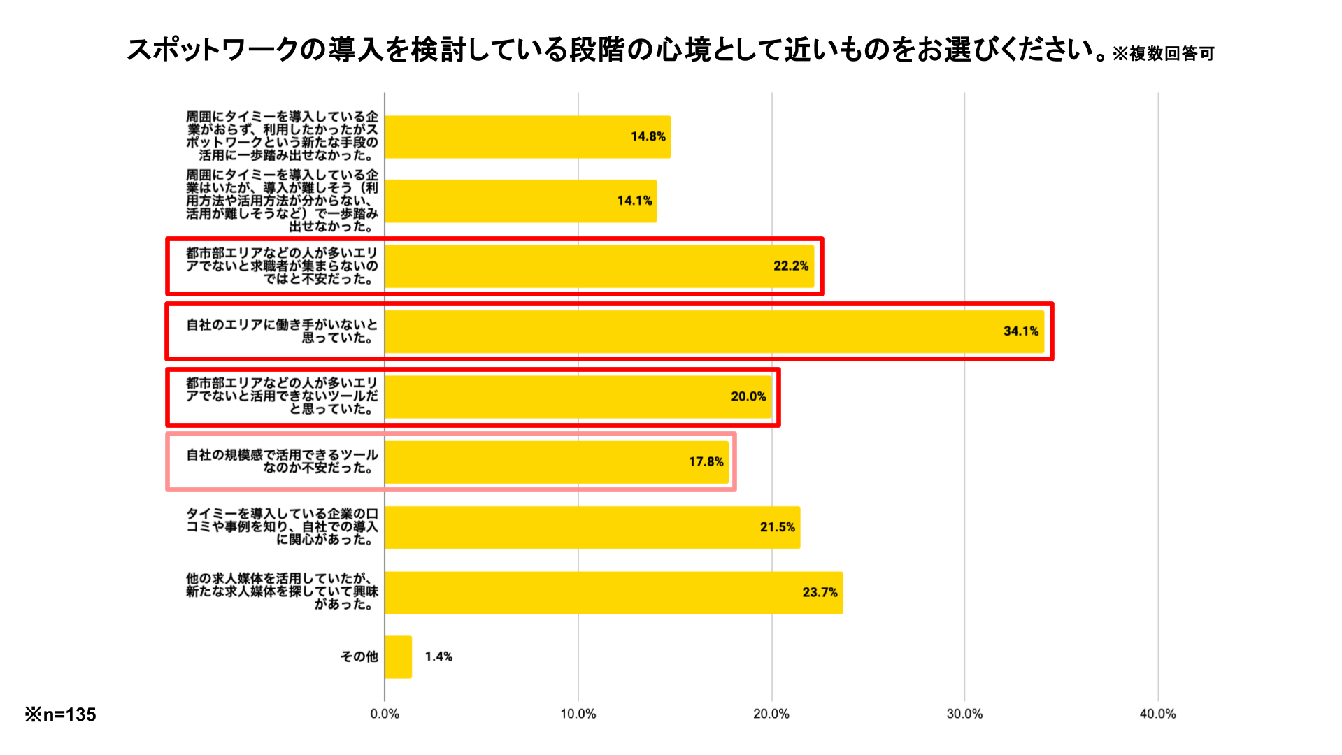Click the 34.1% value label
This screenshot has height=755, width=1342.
1020,331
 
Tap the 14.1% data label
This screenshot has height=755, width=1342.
634,201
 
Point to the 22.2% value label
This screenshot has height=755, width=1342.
790,266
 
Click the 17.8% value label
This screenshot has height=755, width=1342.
706,462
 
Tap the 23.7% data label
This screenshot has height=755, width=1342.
820,593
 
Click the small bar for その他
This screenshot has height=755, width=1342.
398,657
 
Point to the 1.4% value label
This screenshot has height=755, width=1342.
438,657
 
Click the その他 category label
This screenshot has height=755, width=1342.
359,657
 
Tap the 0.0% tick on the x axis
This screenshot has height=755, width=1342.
385,714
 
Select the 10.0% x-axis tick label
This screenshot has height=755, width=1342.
578,714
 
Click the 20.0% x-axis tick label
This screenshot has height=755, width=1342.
771,714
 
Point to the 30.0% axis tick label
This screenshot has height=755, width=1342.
964,714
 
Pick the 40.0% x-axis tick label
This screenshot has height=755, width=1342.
1157,714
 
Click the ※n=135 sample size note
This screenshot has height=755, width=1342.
61,715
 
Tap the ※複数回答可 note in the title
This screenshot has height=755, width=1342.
1163,54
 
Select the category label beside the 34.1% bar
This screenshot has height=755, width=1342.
282,331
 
